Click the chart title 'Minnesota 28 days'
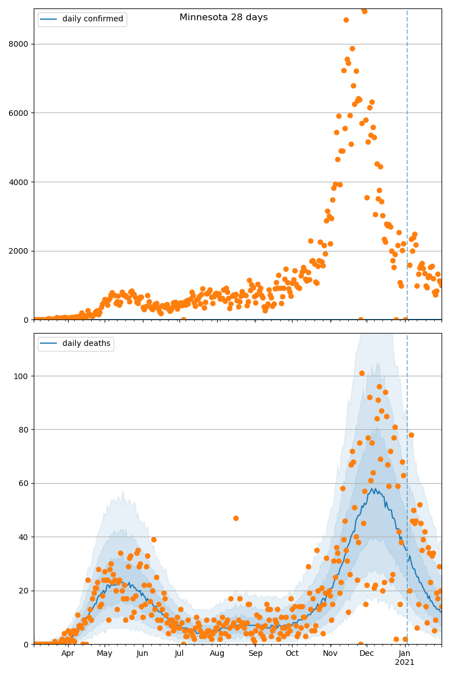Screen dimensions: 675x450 pyautogui.click(x=223, y=17)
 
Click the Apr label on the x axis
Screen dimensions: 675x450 pyautogui.click(x=67, y=654)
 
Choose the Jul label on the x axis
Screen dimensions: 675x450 pyautogui.click(x=179, y=654)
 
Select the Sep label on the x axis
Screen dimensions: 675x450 pyautogui.click(x=255, y=654)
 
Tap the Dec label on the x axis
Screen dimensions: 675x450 pyautogui.click(x=367, y=654)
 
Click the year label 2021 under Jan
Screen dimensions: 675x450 pyautogui.click(x=404, y=663)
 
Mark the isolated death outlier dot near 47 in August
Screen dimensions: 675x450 pyautogui.click(x=236, y=518)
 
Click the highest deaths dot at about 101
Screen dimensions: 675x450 pyautogui.click(x=362, y=373)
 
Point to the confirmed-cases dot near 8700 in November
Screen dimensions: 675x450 pyautogui.click(x=346, y=20)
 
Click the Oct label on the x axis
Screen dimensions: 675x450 pyautogui.click(x=292, y=654)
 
